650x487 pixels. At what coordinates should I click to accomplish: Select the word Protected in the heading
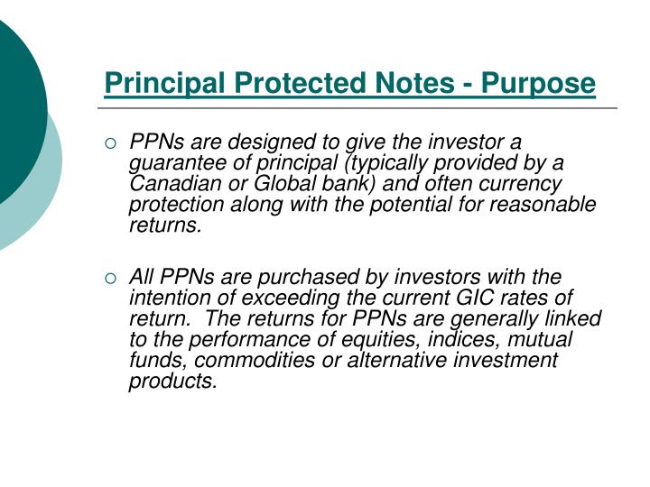[x=289, y=84]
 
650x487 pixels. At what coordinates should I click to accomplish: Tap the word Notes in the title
[x=400, y=84]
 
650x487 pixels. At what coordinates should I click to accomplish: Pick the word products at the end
[x=172, y=381]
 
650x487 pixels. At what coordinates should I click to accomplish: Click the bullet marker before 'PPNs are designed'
[x=111, y=143]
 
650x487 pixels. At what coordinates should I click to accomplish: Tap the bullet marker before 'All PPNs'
[x=111, y=278]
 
